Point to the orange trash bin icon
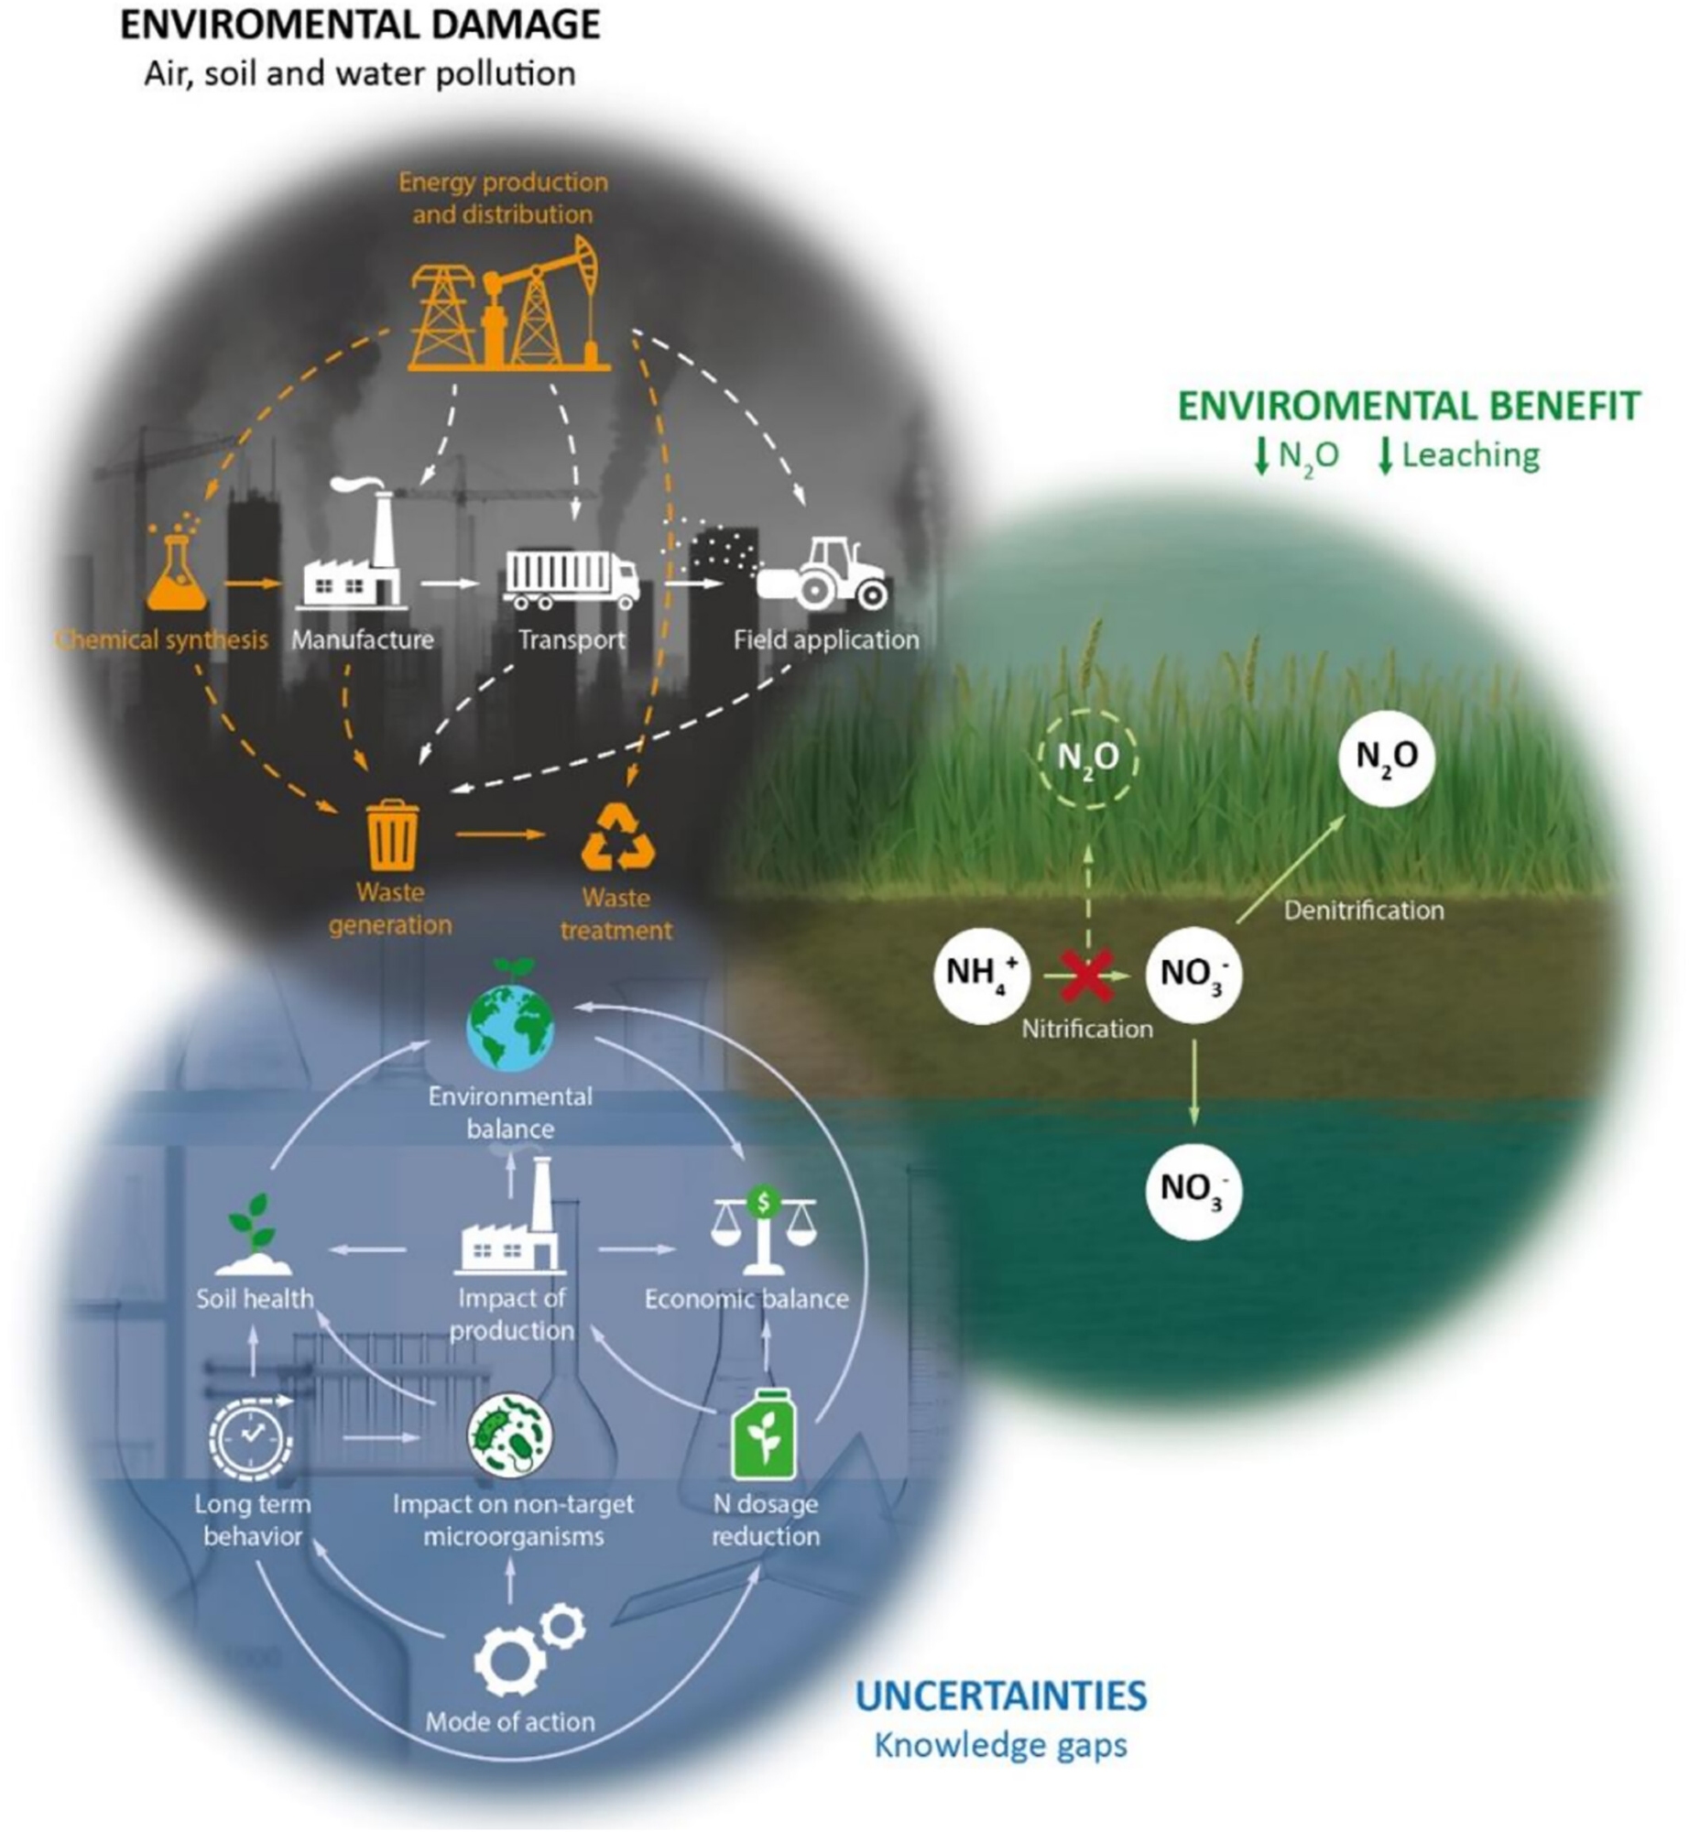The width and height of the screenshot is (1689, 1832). (392, 835)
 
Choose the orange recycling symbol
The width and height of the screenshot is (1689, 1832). (618, 836)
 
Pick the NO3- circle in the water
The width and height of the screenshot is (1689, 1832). (1193, 1191)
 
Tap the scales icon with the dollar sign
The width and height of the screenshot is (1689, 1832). (763, 1229)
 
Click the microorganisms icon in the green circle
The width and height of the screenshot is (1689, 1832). (510, 1435)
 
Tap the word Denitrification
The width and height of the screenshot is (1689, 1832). (1363, 911)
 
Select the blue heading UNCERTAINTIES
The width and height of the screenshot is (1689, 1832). (1000, 1696)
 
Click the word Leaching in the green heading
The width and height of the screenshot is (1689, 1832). (1470, 455)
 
